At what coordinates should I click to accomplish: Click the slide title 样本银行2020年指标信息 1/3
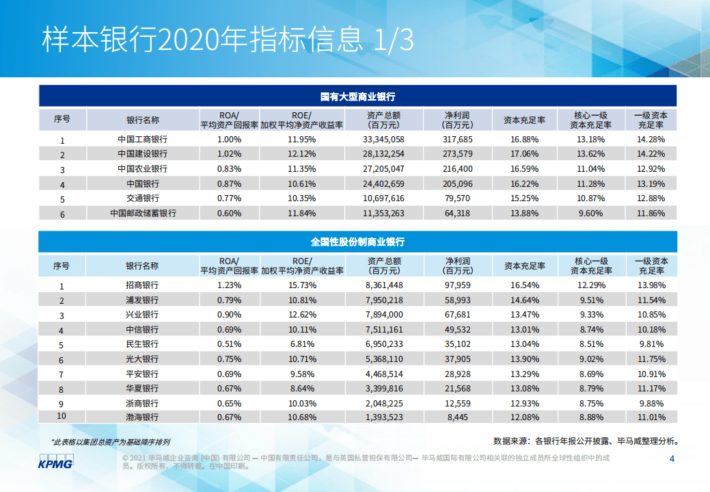coord(228,40)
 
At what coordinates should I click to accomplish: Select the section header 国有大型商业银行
coord(357,96)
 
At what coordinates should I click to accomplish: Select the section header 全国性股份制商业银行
coord(357,242)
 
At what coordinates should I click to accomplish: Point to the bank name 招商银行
coord(142,285)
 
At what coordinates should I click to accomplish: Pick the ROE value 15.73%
coord(301,285)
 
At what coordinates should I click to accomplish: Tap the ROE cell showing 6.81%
coord(301,344)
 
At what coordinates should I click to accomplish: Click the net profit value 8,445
coord(457,417)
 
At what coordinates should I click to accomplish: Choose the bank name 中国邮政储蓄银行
coord(142,213)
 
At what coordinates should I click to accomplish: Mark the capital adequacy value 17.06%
coord(524,154)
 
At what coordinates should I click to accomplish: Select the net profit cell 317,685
coord(457,139)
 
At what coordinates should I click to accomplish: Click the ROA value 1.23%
coord(229,285)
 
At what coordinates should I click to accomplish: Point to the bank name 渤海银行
coord(142,417)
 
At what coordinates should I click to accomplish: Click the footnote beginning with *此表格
coord(111,442)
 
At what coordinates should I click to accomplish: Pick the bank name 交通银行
coord(142,198)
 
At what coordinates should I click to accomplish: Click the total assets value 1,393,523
coord(384,417)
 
